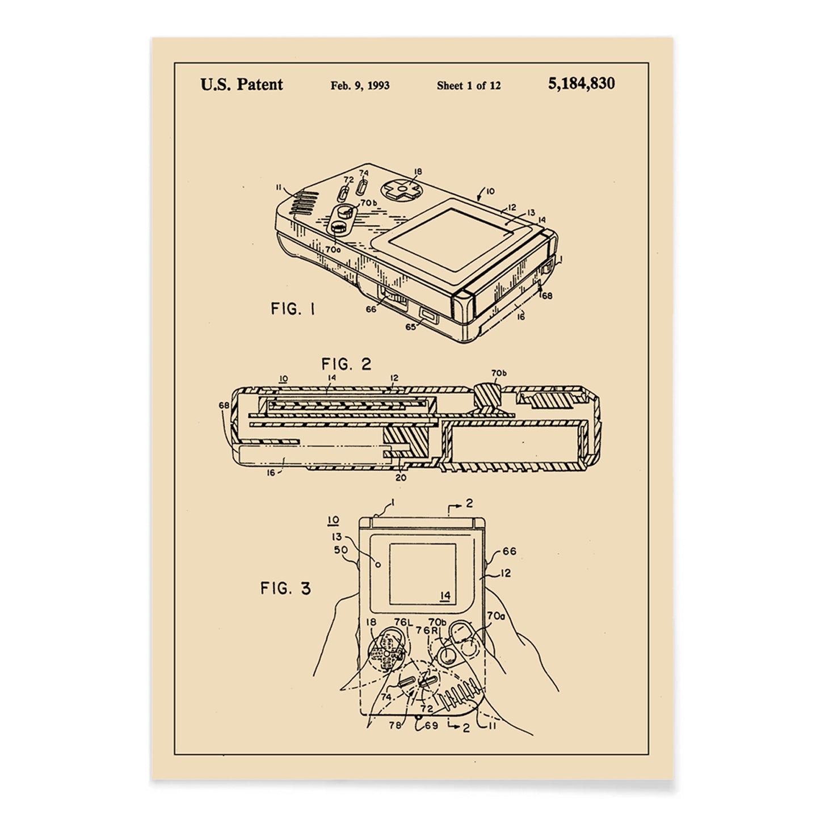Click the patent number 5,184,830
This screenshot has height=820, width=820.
pyautogui.click(x=581, y=84)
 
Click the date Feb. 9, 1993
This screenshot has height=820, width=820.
pyautogui.click(x=360, y=86)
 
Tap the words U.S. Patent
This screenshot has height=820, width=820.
pyautogui.click(x=242, y=85)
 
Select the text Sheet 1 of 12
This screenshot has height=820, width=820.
pyautogui.click(x=469, y=86)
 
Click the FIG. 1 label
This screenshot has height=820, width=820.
pyautogui.click(x=293, y=309)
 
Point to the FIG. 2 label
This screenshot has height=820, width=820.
pyautogui.click(x=346, y=364)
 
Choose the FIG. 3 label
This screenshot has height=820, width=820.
pyautogui.click(x=286, y=588)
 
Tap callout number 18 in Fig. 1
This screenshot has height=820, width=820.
pyautogui.click(x=418, y=171)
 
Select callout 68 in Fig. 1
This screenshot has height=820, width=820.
pyautogui.click(x=546, y=295)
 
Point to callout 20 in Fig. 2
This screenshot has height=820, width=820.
pyautogui.click(x=401, y=477)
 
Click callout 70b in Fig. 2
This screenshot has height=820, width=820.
pyautogui.click(x=499, y=373)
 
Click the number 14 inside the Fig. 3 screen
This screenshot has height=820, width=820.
pyautogui.click(x=445, y=595)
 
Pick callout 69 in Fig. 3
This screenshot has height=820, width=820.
pyautogui.click(x=431, y=725)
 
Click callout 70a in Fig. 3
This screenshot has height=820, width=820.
pyautogui.click(x=495, y=615)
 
